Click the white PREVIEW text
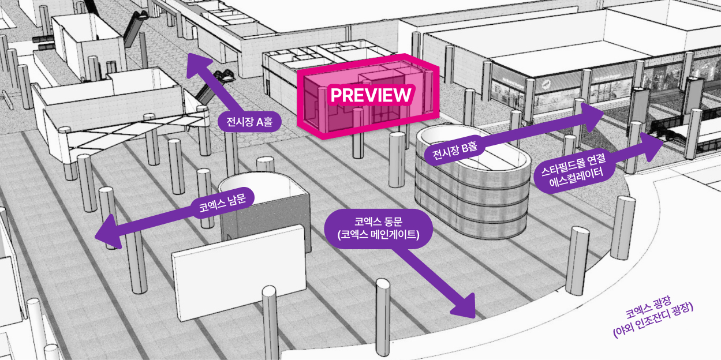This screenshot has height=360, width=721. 371,95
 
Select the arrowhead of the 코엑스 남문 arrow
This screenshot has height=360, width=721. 109,234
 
